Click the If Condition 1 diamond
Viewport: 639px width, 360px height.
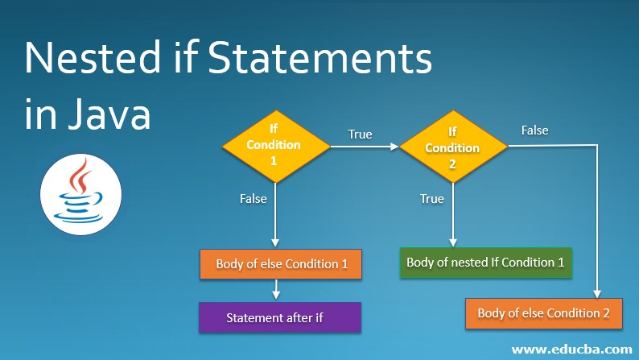coord(274,146)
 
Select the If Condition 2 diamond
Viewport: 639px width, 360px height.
coord(452,146)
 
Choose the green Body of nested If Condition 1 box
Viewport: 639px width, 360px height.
coord(485,262)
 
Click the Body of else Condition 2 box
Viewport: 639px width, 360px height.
coord(544,312)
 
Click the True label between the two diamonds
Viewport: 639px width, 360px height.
coord(360,134)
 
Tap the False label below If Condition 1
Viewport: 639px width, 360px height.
coord(254,198)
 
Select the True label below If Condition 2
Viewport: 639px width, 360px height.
coord(432,198)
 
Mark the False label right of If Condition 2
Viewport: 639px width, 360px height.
coord(535,130)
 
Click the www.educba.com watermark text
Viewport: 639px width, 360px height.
coord(571,350)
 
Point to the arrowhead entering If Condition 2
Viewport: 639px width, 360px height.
coord(394,147)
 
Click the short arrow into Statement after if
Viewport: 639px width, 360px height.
coord(276,291)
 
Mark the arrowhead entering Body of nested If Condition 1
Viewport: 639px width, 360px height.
coord(452,242)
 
